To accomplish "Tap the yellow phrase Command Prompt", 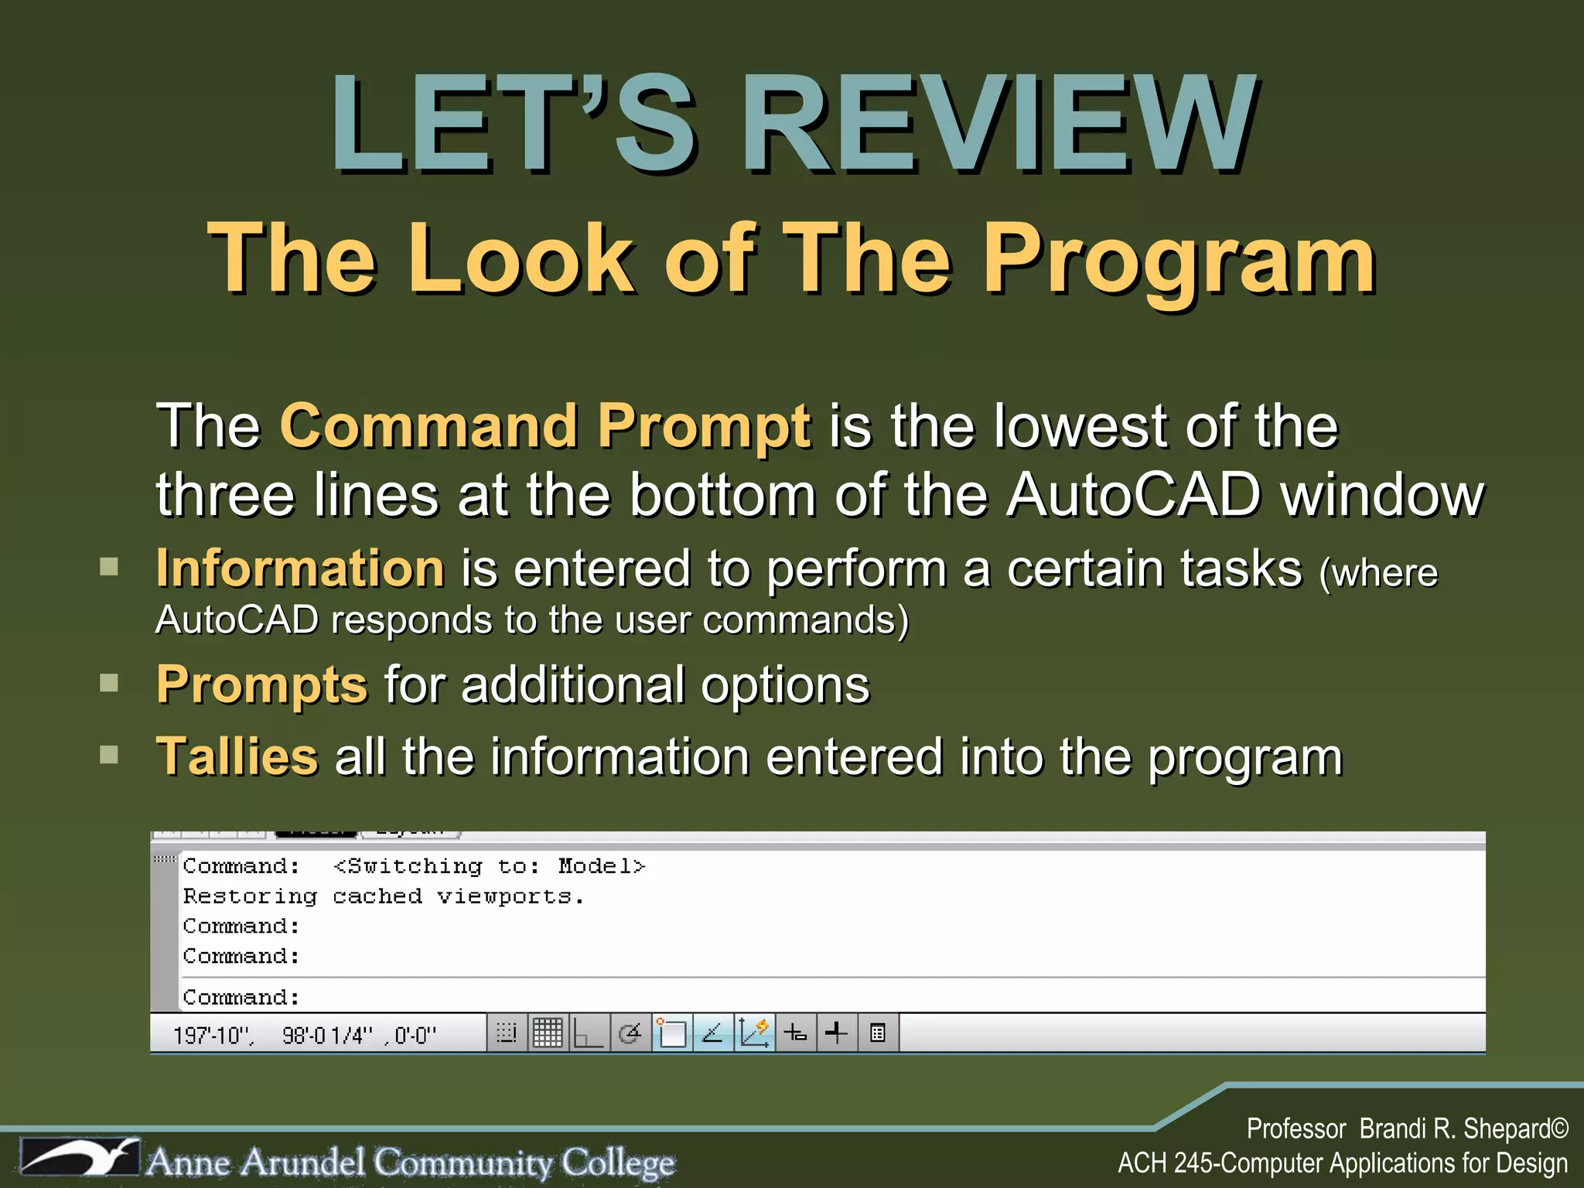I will [x=545, y=425].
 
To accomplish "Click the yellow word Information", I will [x=300, y=568].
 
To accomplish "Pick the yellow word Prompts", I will [x=261, y=685].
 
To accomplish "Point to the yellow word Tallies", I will [x=237, y=756].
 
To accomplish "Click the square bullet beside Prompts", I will [x=109, y=683].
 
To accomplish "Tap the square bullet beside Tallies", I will [x=109, y=754].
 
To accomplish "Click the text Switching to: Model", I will [x=489, y=866].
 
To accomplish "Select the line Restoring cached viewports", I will [x=384, y=896].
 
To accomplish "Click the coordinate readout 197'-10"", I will [x=213, y=1035].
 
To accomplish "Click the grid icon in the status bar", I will [x=548, y=1033].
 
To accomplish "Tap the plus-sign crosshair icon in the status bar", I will [x=836, y=1033].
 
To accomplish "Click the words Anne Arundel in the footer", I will [x=255, y=1162].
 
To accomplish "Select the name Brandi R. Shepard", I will [x=1454, y=1129].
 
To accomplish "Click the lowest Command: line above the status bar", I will [x=241, y=998].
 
